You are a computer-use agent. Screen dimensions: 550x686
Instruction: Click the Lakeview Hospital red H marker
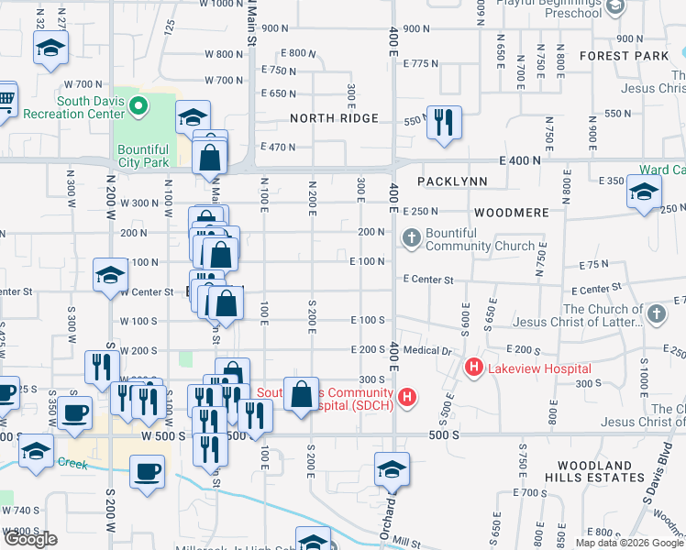(x=474, y=368)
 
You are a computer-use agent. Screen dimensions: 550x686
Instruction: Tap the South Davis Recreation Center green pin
(x=138, y=108)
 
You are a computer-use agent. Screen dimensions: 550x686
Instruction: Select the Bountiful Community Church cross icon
(x=412, y=239)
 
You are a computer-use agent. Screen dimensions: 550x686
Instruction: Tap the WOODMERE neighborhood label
(x=511, y=212)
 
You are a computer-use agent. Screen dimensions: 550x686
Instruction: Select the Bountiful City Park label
(x=143, y=155)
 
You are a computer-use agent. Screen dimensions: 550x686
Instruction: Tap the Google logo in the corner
(x=29, y=539)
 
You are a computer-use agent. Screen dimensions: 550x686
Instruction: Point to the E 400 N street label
(x=522, y=160)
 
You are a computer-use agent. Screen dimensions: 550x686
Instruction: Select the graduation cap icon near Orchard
(x=392, y=469)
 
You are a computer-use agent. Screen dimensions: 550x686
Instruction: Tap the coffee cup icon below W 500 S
(x=147, y=472)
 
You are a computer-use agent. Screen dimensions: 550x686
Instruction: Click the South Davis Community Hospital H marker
(x=408, y=398)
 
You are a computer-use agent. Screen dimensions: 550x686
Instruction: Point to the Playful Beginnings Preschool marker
(x=614, y=6)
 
